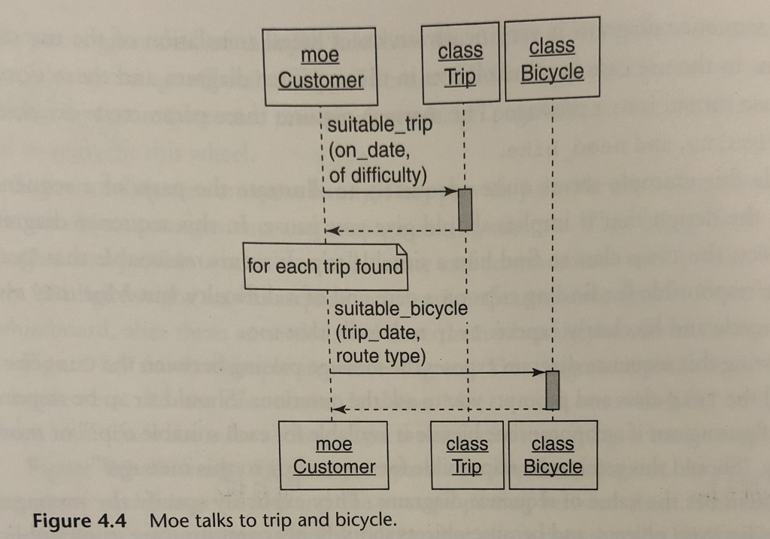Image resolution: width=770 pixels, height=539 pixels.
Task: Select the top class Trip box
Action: point(460,64)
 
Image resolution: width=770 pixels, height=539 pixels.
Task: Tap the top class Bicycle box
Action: point(552,59)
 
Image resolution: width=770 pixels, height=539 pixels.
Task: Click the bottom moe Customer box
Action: point(333,456)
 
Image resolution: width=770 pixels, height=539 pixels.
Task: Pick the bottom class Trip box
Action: point(466,456)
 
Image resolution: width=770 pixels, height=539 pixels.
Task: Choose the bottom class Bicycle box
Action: point(553,456)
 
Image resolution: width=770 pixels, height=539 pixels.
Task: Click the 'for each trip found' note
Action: point(325,266)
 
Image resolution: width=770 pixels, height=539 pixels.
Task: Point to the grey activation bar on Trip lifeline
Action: point(465,209)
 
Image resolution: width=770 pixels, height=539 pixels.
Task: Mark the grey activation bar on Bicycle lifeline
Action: point(553,390)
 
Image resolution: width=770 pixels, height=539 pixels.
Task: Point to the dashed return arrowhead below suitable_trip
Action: point(332,229)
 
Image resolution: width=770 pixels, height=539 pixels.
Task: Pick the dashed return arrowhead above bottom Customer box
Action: point(338,409)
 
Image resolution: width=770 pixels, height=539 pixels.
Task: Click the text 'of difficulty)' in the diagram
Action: point(377,176)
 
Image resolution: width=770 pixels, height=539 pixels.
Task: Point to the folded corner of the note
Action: point(401,249)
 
